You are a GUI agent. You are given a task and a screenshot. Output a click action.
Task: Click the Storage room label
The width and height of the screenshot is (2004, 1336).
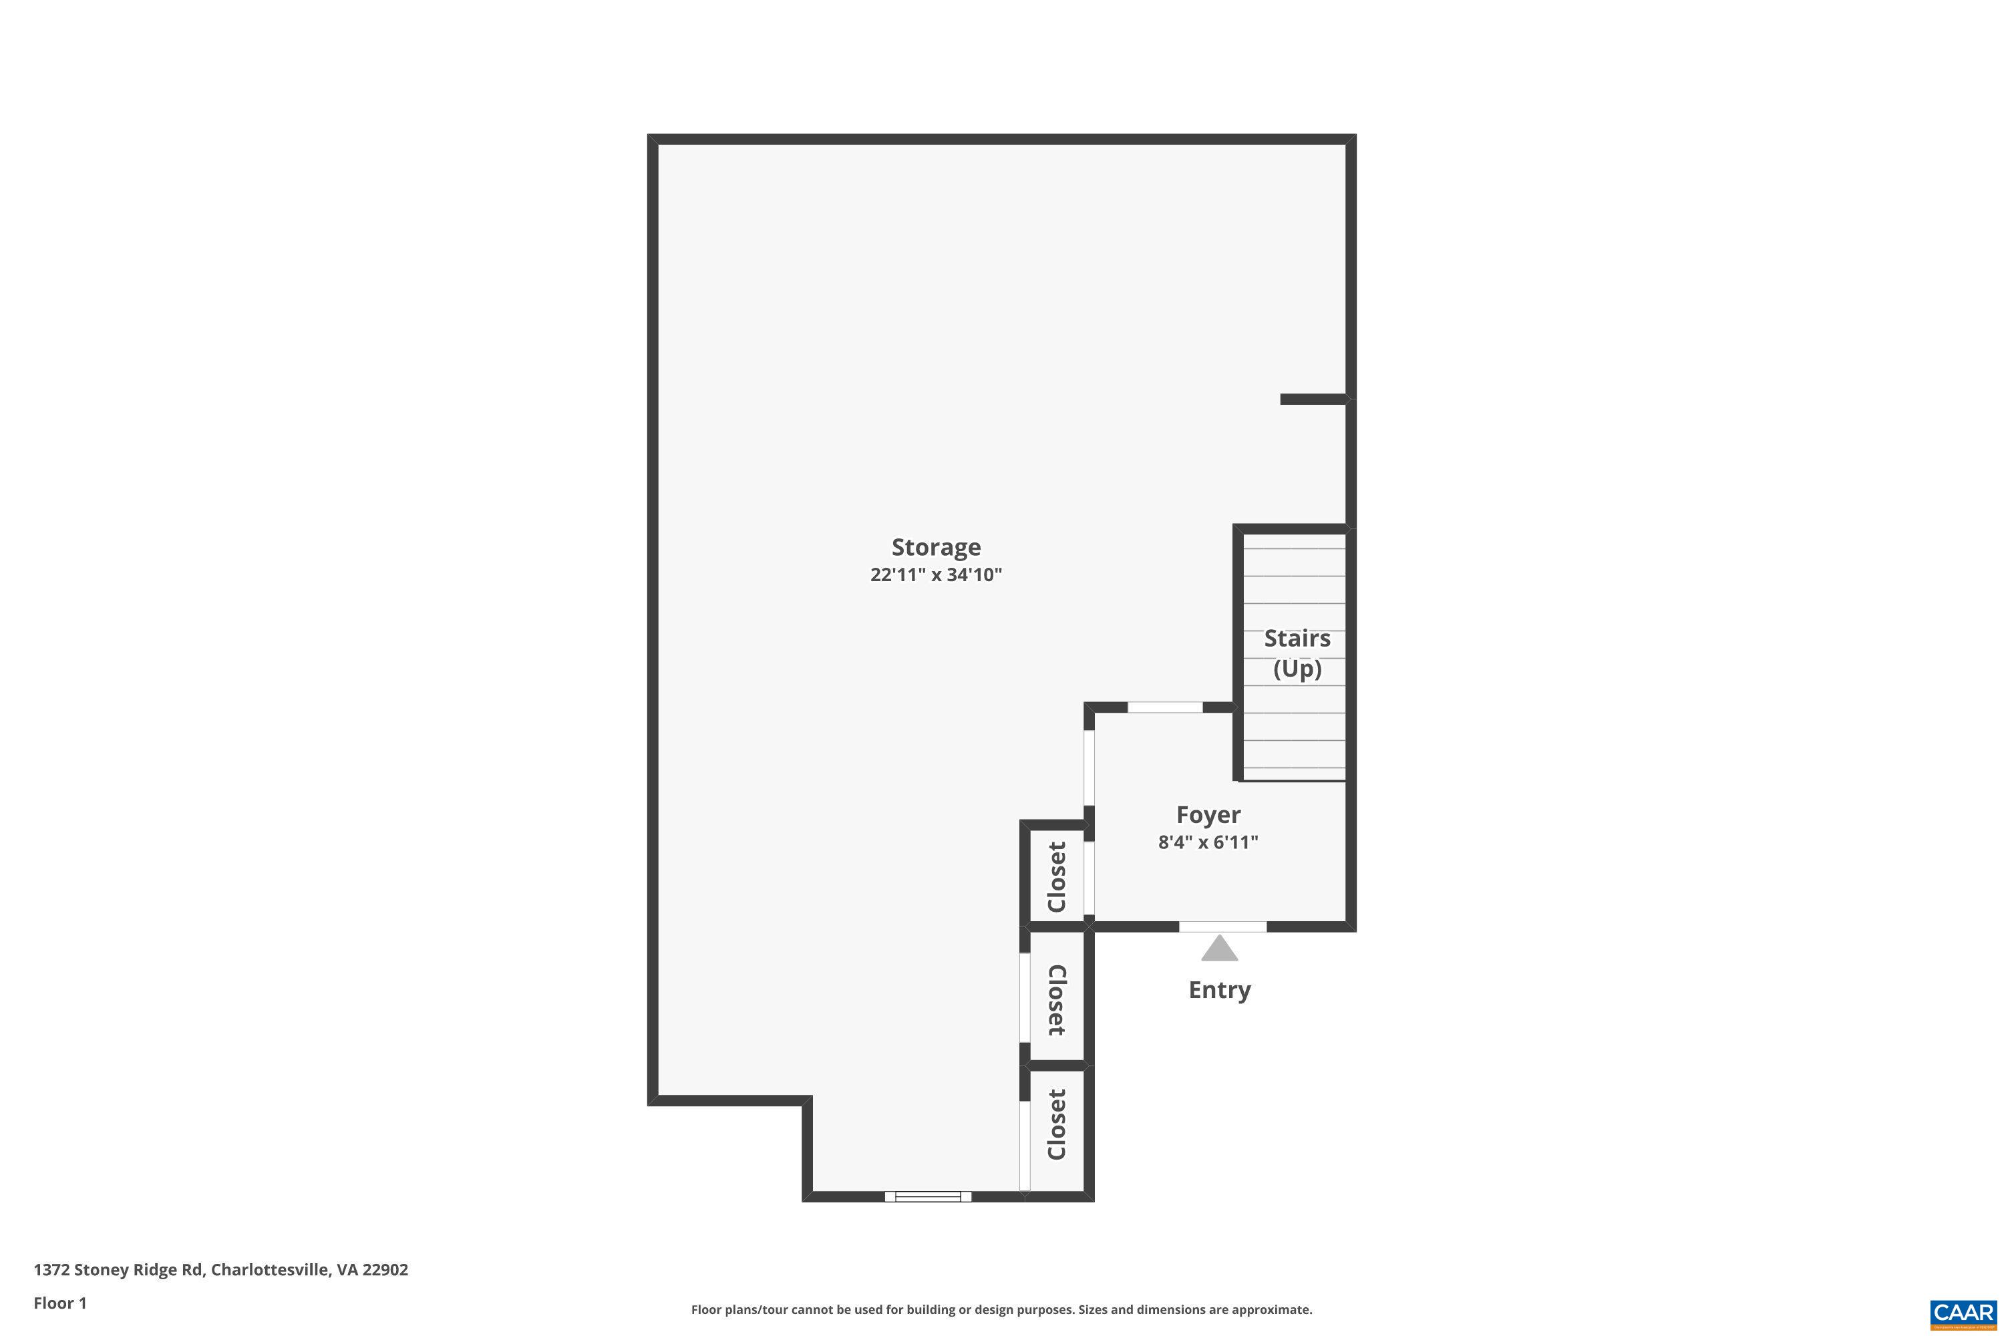936,547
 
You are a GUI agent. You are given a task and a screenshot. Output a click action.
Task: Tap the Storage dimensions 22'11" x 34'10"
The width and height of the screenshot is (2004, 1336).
936,575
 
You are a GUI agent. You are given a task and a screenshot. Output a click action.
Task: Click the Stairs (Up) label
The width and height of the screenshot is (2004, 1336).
1296,653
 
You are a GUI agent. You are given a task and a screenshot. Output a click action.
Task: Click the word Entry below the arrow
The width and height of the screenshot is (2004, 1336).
1219,990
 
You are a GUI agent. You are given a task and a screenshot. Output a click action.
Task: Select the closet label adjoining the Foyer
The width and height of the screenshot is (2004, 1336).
1057,876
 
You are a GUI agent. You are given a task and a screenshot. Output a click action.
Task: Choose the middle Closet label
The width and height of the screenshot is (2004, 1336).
1057,999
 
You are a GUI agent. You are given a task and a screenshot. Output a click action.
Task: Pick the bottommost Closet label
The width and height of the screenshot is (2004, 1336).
1057,1125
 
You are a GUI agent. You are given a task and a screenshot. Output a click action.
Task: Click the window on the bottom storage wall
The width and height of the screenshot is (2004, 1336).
928,1196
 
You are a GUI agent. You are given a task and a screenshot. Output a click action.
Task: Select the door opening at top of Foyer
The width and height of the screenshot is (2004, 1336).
1165,707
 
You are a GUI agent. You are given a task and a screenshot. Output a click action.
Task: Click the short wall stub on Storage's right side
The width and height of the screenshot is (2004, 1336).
1313,399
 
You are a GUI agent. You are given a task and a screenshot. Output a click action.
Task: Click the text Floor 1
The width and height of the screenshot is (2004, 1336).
59,1303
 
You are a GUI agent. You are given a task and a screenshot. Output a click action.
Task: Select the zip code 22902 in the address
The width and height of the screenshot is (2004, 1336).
385,1270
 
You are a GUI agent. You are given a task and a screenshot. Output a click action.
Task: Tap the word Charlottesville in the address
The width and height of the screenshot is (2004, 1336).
269,1270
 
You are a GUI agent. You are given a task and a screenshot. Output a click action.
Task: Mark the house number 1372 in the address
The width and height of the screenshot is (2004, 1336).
51,1270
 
